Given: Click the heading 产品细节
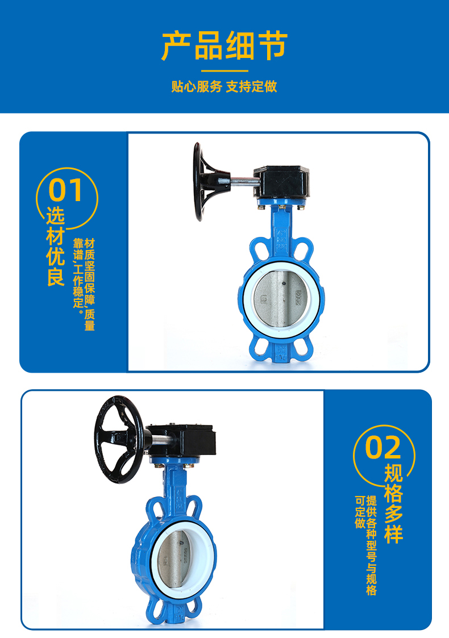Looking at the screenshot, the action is [224, 45].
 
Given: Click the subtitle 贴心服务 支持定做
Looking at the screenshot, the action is [224, 86].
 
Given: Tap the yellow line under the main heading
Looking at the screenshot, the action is [224, 71].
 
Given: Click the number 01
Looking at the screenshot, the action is [65, 190].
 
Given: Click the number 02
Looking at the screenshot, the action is [383, 448].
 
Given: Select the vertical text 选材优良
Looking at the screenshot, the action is [55, 246].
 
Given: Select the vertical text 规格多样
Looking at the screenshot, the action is [394, 503].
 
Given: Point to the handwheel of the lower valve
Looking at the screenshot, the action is [119, 439].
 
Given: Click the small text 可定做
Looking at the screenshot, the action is [360, 512].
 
